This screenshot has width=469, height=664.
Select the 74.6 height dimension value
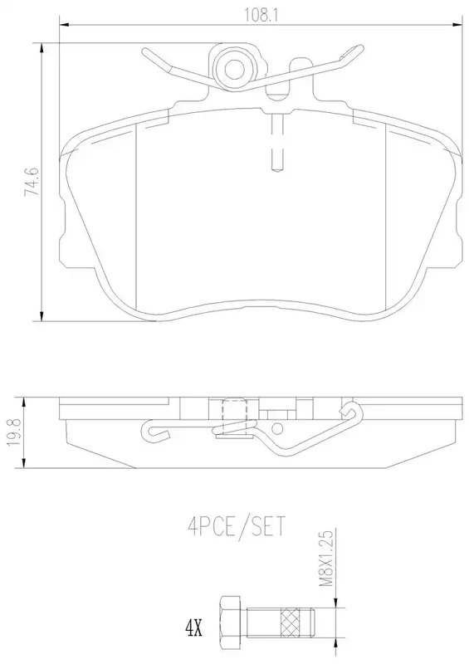[32, 181]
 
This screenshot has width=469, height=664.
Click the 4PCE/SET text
[237, 526]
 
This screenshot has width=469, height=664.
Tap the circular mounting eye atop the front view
[233, 69]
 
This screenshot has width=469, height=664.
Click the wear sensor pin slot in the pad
[276, 142]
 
